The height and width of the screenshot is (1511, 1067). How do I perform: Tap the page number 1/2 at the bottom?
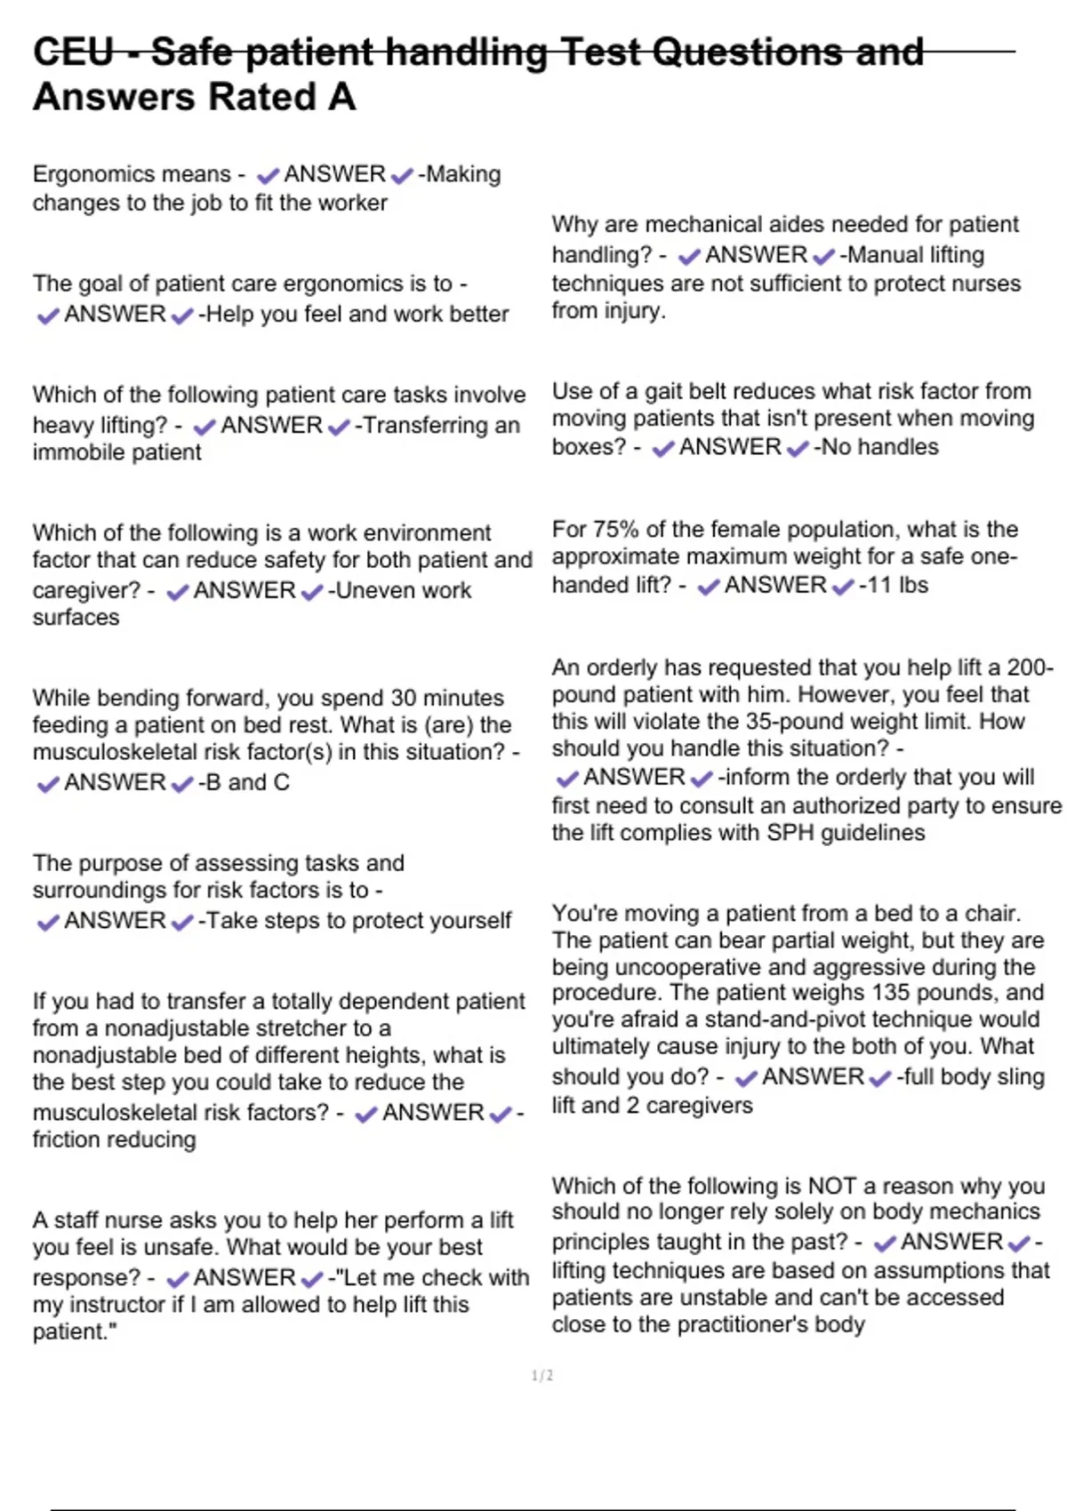click(542, 1376)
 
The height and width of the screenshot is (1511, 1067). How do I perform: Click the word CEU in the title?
click(73, 52)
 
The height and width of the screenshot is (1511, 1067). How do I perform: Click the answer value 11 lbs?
click(896, 586)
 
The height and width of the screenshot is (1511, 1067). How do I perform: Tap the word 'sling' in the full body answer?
click(1020, 1077)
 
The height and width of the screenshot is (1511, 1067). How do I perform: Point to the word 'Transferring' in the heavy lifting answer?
click(416, 426)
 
